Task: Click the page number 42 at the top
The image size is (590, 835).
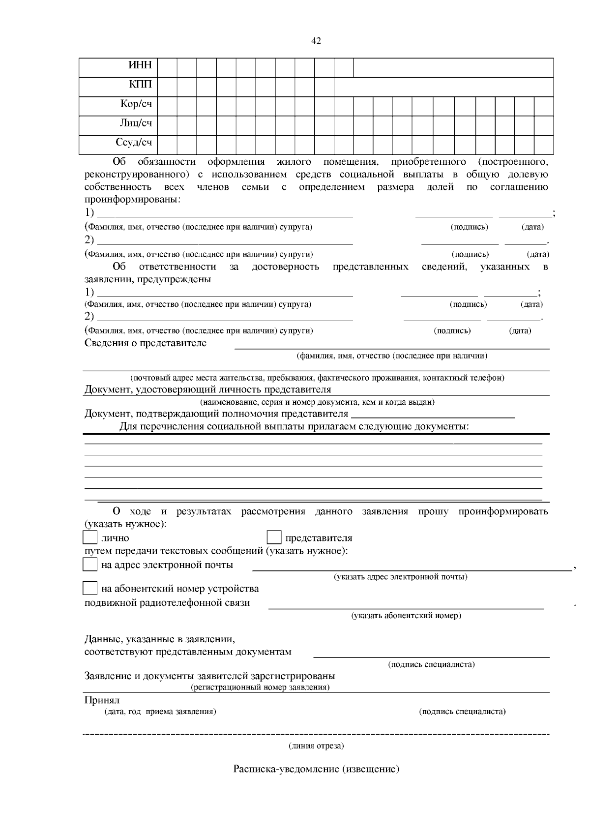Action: [316, 41]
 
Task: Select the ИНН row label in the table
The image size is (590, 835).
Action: [140, 66]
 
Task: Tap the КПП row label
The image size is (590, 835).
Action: [141, 85]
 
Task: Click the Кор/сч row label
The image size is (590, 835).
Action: [136, 104]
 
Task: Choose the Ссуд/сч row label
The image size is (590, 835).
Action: [134, 143]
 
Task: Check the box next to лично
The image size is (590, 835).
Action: [90, 537]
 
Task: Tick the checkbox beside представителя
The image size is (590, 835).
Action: [274, 537]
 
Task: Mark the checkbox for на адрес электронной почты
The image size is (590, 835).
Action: [90, 564]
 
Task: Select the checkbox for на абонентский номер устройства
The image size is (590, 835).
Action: [90, 588]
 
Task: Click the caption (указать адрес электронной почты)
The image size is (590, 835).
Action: [400, 577]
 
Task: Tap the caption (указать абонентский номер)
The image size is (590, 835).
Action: [406, 616]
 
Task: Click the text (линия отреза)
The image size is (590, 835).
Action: [316, 746]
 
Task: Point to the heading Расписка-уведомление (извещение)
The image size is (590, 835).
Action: [316, 769]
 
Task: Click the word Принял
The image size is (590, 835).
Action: [102, 700]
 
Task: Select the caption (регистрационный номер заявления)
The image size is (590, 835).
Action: [260, 687]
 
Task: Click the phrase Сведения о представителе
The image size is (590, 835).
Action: [146, 343]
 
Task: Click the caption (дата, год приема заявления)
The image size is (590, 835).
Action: [160, 712]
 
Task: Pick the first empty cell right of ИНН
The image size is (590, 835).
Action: [167, 67]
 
